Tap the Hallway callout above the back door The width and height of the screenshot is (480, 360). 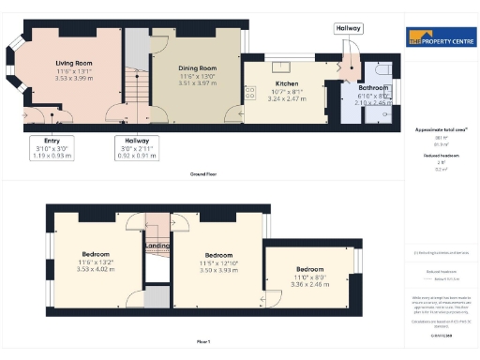(348, 29)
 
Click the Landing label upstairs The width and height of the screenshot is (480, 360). (157, 247)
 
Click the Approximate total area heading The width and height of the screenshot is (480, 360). (441, 129)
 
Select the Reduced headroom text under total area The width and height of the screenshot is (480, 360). (441, 155)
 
